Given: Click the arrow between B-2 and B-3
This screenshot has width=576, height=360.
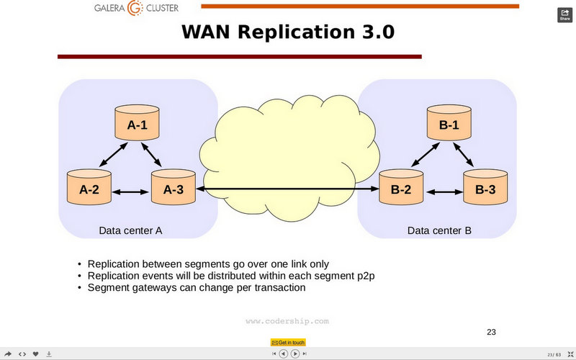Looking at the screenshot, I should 443,192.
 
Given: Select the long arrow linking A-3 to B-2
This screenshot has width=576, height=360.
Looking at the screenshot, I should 288,190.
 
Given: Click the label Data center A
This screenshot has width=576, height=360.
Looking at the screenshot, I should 130,231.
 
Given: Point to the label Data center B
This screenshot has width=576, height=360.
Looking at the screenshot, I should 439,231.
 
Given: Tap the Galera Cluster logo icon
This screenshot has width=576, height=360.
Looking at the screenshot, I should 135,9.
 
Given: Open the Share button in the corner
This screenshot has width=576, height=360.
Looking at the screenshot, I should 564,14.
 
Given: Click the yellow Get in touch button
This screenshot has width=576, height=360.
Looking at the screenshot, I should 288,342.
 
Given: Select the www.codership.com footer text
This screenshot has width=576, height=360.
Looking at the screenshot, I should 287,321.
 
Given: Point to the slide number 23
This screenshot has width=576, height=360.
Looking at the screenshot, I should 492,332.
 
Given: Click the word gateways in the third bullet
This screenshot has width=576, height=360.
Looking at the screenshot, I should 152,287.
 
